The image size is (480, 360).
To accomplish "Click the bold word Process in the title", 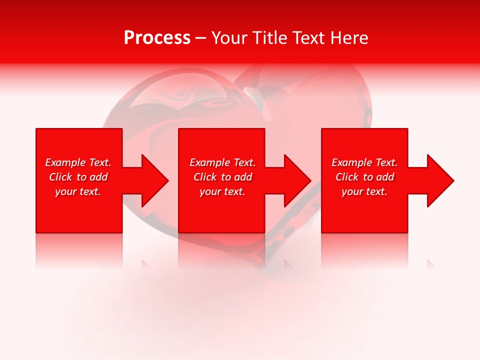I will (157, 38).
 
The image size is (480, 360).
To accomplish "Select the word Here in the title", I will (348, 38).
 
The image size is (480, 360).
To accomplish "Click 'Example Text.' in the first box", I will (78, 162).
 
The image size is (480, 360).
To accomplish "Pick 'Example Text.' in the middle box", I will (222, 162).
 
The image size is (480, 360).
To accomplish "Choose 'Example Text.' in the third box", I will (364, 162).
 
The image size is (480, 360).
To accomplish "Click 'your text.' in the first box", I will (78, 191).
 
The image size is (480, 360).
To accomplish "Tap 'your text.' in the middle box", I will (222, 191).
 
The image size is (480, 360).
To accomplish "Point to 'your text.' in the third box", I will (364, 191).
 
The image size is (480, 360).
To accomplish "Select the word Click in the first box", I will (61, 177).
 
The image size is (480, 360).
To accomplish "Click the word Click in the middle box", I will (205, 177).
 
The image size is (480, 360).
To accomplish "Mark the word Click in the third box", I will (347, 177).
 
